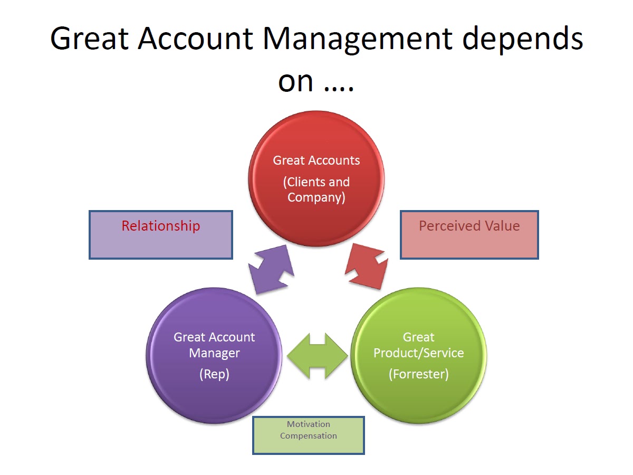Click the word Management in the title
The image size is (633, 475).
pos(358,40)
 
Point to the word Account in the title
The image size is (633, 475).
pos(196,39)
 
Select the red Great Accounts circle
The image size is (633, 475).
pos(316,179)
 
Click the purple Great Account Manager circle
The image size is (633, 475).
pos(214,355)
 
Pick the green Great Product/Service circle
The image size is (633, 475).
pos(418,355)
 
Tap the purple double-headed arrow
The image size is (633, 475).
pos(271,269)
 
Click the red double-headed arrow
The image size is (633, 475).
pos(367,266)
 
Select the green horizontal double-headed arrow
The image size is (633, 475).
pos(317,356)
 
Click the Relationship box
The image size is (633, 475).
pos(161,235)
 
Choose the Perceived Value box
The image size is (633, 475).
pos(469,235)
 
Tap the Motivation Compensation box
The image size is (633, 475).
pos(308,435)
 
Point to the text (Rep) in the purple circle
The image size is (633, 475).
pos(214,374)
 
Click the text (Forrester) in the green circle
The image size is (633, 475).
pos(419,374)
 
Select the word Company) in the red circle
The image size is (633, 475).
pos(316,198)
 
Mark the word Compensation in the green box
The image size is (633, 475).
pos(308,436)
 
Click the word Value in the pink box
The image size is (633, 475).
pos(502,226)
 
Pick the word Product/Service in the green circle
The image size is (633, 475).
pos(419,353)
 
